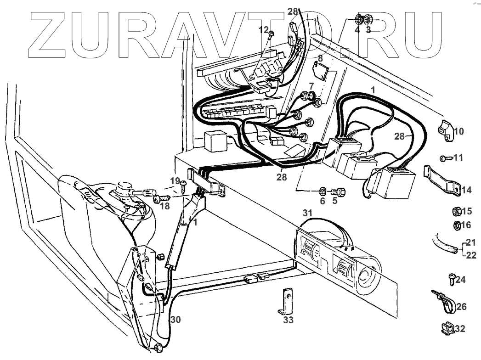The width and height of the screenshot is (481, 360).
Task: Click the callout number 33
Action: (288, 320)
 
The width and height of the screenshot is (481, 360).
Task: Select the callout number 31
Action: (307, 213)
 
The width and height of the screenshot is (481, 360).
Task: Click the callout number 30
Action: (175, 320)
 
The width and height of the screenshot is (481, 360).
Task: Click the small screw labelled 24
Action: (451, 278)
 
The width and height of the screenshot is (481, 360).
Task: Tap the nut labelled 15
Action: (457, 212)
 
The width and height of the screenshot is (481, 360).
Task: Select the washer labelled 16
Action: (457, 225)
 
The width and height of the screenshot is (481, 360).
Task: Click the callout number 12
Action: (263, 29)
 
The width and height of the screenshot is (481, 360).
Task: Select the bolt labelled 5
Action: (339, 191)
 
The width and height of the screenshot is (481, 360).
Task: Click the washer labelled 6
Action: (322, 190)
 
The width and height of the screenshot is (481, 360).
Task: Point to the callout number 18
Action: (164, 206)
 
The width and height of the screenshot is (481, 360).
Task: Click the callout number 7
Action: (311, 86)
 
